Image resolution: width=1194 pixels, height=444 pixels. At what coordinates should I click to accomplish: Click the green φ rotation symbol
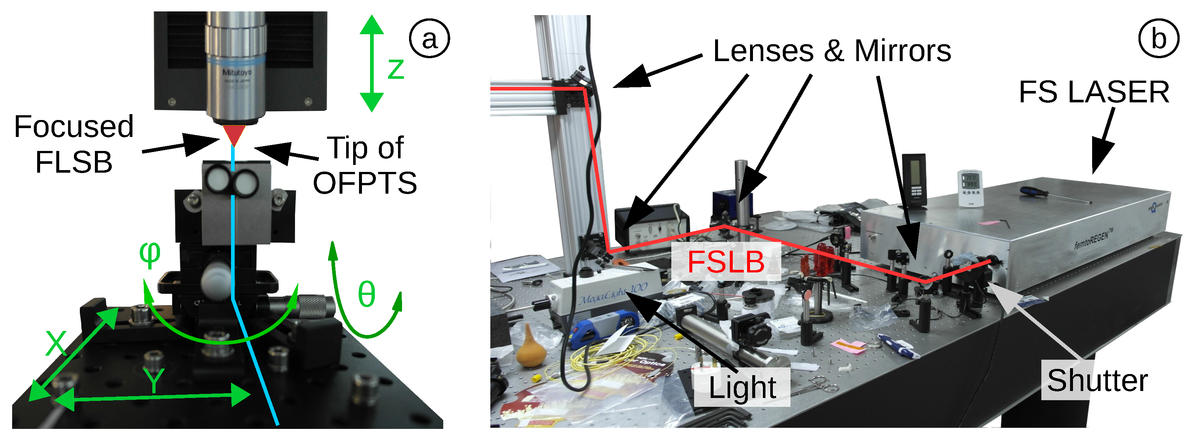150,254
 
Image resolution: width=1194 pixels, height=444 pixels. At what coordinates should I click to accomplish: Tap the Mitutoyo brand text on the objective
237,73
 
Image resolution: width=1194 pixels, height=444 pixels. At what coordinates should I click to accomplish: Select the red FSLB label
725,262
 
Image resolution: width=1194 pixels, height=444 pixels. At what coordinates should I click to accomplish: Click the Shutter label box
1097,380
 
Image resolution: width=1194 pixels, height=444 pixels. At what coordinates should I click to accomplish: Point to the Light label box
742,387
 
